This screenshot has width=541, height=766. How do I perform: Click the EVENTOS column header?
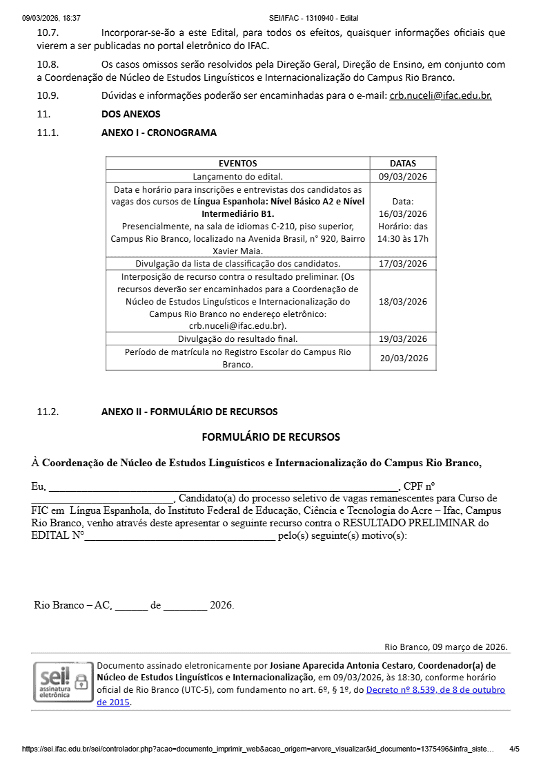[237, 164]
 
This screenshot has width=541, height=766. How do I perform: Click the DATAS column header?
[403, 164]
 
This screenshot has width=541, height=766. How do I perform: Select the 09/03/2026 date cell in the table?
[403, 176]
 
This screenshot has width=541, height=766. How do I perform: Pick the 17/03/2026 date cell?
[403, 264]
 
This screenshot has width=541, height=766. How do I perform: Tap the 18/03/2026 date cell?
[403, 301]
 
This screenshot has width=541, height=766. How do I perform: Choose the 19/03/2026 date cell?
[403, 338]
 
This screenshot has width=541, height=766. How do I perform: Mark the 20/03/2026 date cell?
[403, 358]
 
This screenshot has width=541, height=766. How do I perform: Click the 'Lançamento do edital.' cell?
[237, 176]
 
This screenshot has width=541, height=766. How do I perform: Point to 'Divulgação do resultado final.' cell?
[237, 338]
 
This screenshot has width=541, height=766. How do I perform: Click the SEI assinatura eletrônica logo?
[63, 681]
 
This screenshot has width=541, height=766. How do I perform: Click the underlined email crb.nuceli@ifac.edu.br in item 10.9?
[440, 95]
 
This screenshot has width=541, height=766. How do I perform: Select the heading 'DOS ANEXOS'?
[130, 114]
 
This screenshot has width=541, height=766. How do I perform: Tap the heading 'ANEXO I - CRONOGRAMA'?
[159, 133]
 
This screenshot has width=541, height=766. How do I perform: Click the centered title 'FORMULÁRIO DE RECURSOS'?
[270, 437]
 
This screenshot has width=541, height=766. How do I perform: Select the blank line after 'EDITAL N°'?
[179, 536]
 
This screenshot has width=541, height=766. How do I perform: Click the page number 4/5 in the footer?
[514, 749]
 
